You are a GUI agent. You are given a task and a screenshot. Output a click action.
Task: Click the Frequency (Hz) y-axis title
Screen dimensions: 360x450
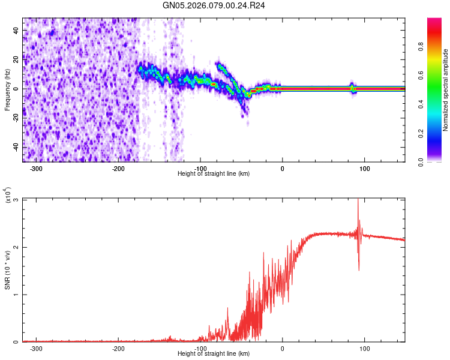click(x=7, y=89)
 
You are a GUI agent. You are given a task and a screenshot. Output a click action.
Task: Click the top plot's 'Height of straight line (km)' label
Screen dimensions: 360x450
click(x=214, y=174)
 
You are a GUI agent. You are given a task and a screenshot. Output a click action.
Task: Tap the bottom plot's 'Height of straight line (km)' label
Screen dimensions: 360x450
click(x=214, y=354)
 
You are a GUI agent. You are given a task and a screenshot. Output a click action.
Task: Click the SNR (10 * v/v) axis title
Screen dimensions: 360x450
click(x=7, y=270)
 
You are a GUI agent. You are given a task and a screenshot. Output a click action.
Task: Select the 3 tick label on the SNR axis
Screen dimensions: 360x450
click(x=16, y=200)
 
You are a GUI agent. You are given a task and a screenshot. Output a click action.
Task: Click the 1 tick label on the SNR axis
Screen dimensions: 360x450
click(x=16, y=295)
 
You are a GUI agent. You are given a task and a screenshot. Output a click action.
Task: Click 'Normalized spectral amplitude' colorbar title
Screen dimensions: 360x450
click(x=446, y=90)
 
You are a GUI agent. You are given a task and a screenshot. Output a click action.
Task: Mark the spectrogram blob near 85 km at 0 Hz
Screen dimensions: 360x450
click(x=353, y=89)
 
